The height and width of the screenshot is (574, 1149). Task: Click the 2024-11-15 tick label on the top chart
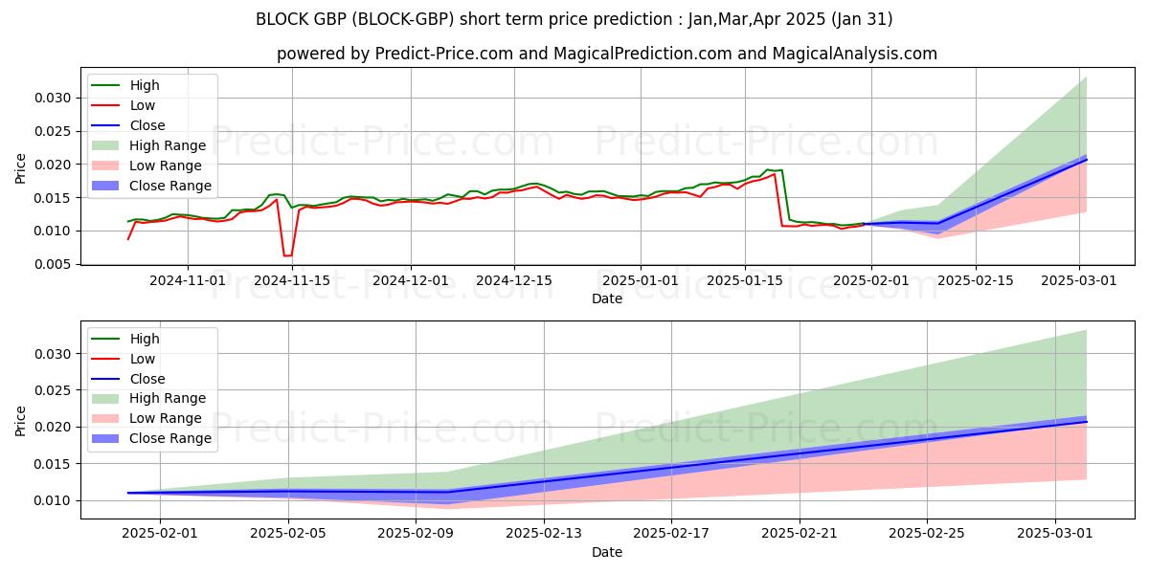click(291, 280)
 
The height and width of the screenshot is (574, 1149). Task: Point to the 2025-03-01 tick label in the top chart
click(1080, 280)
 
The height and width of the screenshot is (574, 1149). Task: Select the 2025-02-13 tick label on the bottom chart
click(544, 534)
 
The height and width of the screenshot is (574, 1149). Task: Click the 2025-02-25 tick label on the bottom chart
click(927, 534)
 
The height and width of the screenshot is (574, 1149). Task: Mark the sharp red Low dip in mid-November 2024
click(287, 255)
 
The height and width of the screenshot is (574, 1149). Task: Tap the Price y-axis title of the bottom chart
click(21, 419)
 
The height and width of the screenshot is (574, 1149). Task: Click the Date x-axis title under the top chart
click(606, 298)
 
